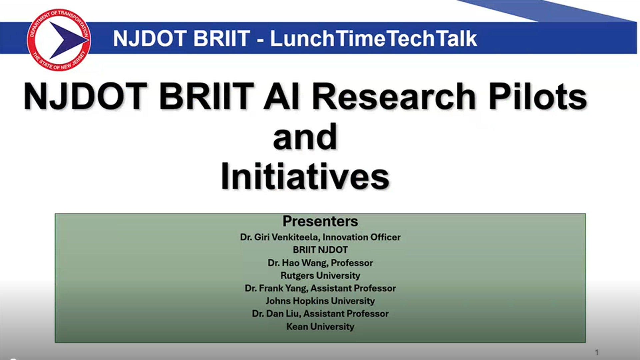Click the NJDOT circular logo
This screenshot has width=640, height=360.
(x=59, y=40)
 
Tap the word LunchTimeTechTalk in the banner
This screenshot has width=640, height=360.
(x=374, y=38)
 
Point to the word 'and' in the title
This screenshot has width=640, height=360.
(x=305, y=136)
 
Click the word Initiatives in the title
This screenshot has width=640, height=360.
(x=305, y=176)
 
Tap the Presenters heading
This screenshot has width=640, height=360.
(x=320, y=221)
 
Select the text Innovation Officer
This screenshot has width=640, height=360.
(x=362, y=237)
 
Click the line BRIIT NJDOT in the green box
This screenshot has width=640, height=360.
(x=320, y=250)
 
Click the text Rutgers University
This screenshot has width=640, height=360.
(x=320, y=276)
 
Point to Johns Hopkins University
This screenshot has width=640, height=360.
(x=320, y=301)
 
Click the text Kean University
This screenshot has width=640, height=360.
(x=320, y=326)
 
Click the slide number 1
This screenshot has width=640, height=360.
(x=597, y=352)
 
